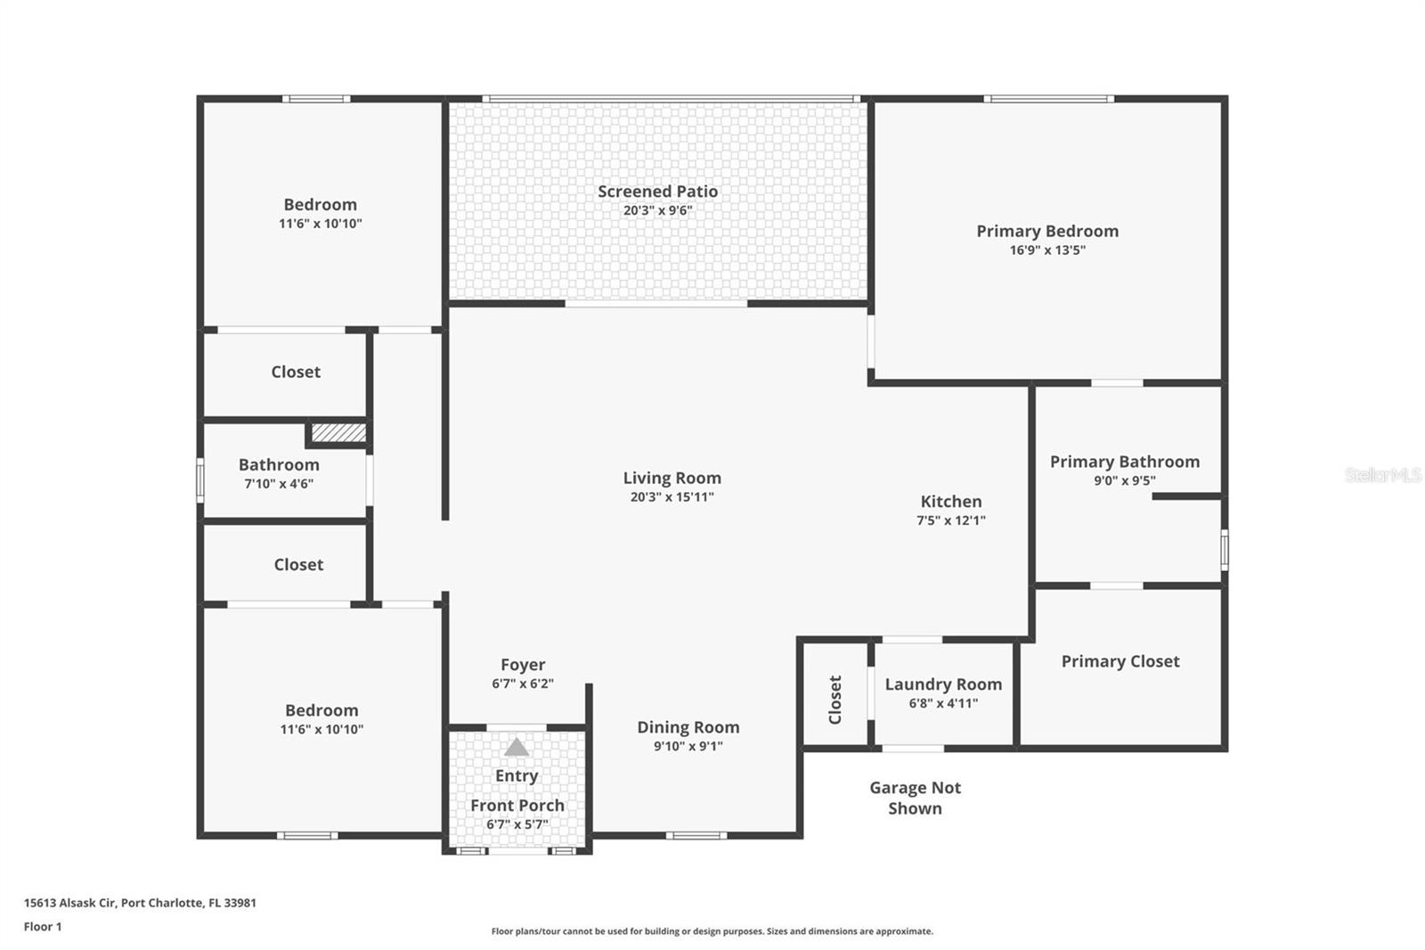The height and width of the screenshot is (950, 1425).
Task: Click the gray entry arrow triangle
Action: coord(517,748)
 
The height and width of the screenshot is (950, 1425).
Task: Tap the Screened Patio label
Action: coord(657,192)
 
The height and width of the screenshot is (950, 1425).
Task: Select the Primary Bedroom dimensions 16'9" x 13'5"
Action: coord(1047,250)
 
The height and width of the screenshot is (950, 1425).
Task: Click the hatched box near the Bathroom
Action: coord(338,433)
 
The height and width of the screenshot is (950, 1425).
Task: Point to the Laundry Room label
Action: coord(943,684)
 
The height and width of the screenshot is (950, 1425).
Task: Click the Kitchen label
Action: coord(951,502)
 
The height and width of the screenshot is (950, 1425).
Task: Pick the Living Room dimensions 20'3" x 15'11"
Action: coord(672,497)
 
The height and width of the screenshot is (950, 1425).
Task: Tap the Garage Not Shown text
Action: coord(916,798)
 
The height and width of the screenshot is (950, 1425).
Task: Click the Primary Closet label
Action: coord(1120,661)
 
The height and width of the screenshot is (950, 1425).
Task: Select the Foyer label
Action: coord(523,665)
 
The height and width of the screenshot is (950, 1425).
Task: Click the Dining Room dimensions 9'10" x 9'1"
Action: coord(688,747)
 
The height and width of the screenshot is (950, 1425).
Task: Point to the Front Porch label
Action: coord(517,806)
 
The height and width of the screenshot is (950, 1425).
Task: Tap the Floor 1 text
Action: coord(43,927)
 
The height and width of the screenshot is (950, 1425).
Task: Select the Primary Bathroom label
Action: coord(1124,462)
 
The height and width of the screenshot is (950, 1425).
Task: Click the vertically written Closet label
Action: coord(835,700)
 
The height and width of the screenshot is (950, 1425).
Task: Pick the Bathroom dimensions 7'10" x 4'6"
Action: coord(279,484)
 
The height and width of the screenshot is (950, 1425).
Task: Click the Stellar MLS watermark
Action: coord(1382,475)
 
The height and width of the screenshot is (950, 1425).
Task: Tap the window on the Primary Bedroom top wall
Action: coord(1048,99)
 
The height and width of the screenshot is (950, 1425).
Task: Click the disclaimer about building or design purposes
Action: coord(712,931)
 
